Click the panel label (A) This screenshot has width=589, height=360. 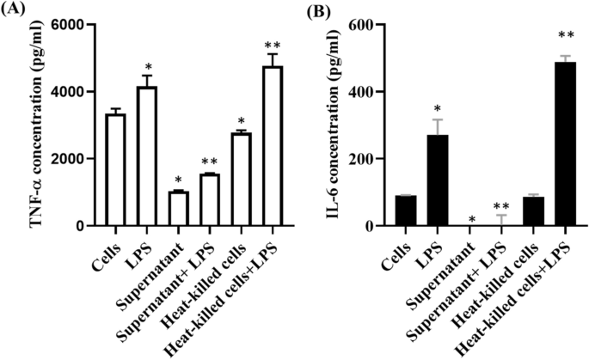15,11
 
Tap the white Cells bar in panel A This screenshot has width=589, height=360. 114,170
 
